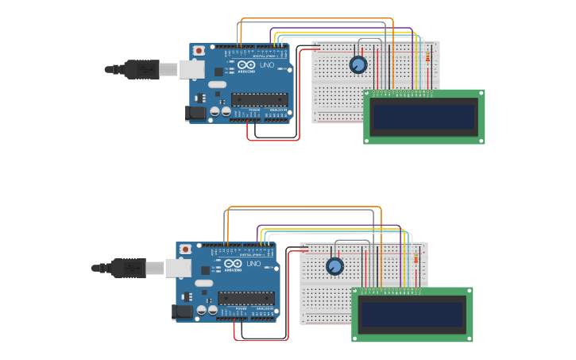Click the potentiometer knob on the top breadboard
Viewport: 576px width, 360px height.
tap(358, 64)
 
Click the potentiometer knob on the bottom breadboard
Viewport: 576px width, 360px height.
tap(334, 266)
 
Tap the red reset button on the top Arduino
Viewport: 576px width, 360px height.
tap(199, 51)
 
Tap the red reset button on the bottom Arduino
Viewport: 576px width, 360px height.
tap(185, 249)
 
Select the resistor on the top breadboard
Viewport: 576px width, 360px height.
tap(429, 58)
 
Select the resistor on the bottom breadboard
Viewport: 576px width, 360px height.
tap(417, 259)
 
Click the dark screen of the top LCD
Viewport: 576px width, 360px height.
tap(424, 117)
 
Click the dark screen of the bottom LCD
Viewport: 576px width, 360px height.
tap(412, 315)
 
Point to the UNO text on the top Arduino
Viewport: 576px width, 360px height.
tap(266, 65)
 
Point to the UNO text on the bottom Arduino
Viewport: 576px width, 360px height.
tap(253, 263)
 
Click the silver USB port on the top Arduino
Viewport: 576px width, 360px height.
tap(191, 70)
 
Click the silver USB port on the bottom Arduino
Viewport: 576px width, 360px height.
tap(178, 268)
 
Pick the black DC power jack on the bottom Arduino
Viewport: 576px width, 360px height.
tap(182, 312)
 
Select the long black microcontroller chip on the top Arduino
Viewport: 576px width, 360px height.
tap(259, 100)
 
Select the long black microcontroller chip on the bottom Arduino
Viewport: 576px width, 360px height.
tap(246, 298)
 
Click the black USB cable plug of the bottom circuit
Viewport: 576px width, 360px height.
tap(129, 268)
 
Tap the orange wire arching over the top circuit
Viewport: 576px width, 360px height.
tap(318, 18)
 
